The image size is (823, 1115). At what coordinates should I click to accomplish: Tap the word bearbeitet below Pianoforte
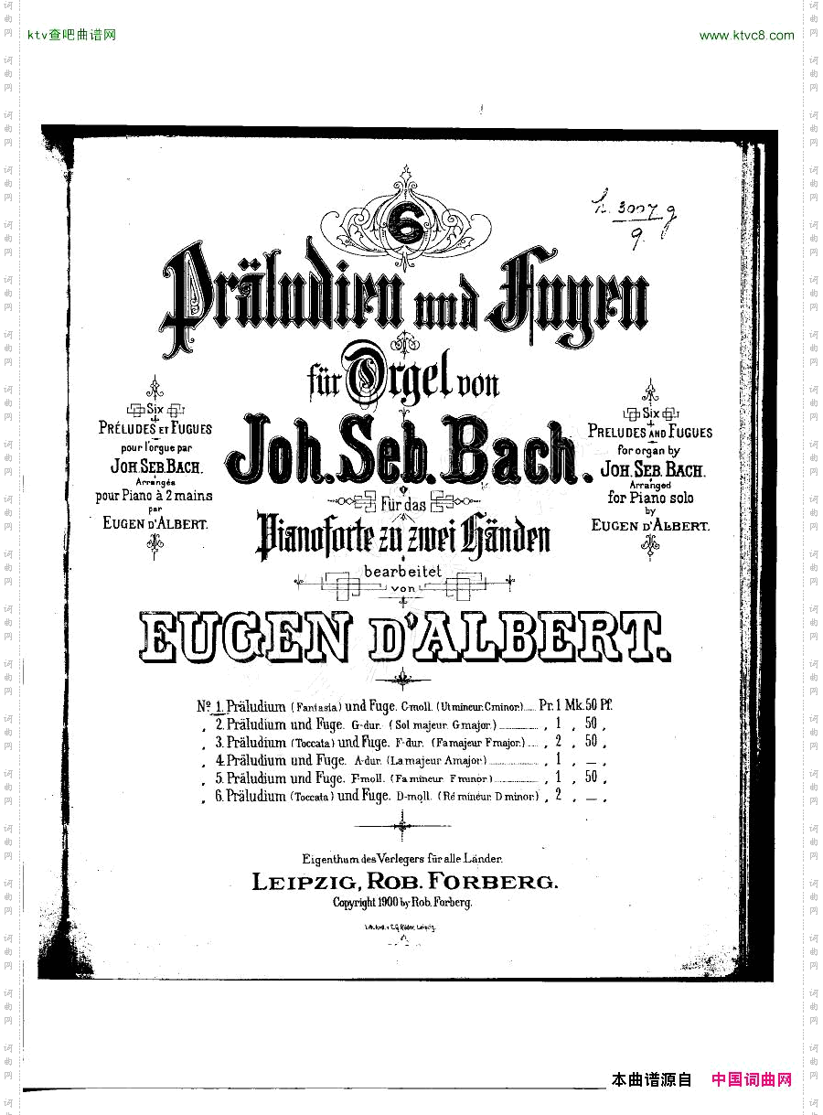click(x=403, y=571)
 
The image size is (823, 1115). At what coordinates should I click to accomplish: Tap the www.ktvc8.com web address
click(x=746, y=36)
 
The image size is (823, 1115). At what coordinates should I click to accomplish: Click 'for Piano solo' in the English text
click(x=650, y=499)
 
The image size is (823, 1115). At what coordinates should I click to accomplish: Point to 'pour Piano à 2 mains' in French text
click(x=154, y=497)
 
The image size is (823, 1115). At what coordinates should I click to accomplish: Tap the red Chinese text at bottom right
click(x=752, y=1080)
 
